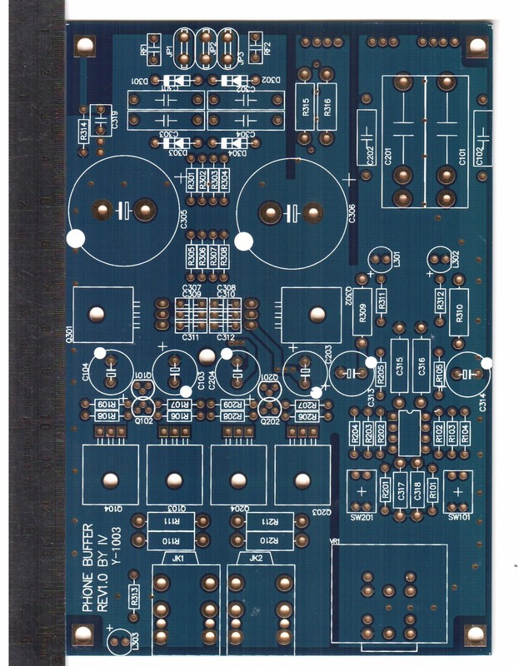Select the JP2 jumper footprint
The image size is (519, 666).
[207, 50]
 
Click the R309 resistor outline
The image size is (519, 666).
[362, 313]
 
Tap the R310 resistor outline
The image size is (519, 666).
[457, 313]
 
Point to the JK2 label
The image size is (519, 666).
[257, 558]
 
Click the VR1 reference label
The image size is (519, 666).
[337, 541]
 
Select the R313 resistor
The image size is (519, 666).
[135, 594]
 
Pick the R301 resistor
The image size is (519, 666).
[191, 181]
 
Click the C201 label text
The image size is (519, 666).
[388, 153]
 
